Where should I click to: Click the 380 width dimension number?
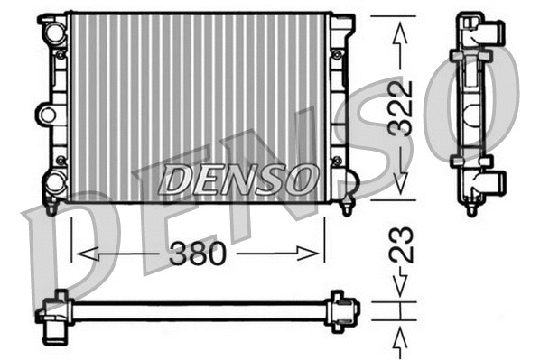point(199,254)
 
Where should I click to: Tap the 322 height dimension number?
point(400,108)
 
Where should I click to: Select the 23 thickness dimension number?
point(400,245)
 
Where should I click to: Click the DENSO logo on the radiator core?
point(237,179)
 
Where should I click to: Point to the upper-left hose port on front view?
point(55,32)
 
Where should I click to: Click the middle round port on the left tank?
point(47,114)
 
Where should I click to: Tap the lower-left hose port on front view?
point(55,182)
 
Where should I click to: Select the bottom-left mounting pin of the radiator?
point(52,208)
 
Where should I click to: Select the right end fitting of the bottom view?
point(342,309)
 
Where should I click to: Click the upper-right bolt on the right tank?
point(337,55)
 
